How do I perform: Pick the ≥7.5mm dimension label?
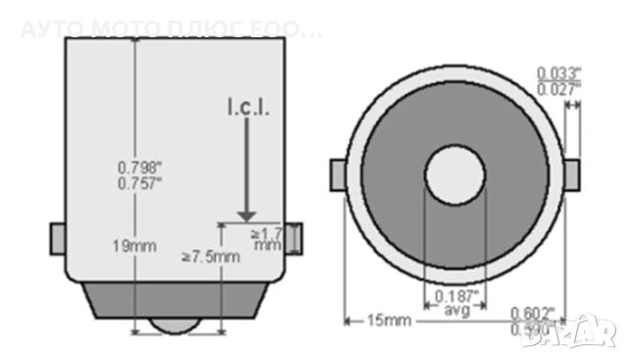tap(210, 258)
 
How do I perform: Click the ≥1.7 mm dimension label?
tap(266, 239)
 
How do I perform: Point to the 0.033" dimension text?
tap(559, 73)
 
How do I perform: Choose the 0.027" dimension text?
tap(559, 89)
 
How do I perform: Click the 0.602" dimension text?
tap(533, 313)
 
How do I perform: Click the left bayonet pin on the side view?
tap(57, 237)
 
